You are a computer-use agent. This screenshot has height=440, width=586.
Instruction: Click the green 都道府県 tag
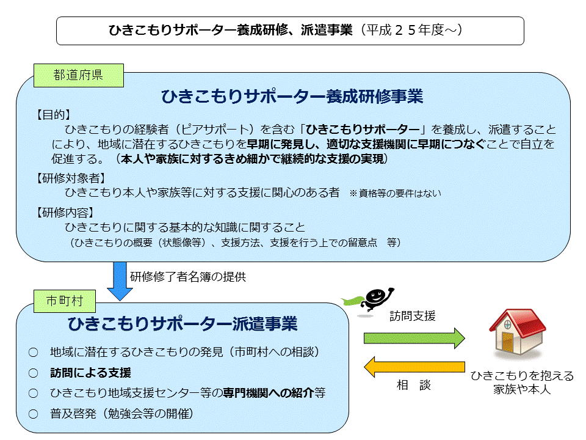[x=79, y=75]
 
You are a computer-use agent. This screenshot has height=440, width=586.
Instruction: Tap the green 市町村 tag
[x=65, y=301]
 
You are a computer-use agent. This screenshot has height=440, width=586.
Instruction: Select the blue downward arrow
[x=120, y=281]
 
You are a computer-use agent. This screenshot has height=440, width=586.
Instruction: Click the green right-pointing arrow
[x=414, y=338]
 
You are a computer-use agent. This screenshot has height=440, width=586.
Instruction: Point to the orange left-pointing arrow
[x=414, y=367]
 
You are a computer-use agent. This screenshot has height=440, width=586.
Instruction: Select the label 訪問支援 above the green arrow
[x=413, y=316]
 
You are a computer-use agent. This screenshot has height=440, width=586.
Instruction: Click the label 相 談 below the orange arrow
[x=414, y=384]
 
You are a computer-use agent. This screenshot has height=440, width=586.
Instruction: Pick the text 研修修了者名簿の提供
[x=188, y=277]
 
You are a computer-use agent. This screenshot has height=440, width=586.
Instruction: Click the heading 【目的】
[x=52, y=114]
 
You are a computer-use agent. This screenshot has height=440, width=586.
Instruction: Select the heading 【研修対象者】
[x=70, y=178]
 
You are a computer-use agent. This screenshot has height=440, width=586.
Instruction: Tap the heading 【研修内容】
[x=64, y=213]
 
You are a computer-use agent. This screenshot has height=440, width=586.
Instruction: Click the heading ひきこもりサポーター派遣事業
[x=183, y=324]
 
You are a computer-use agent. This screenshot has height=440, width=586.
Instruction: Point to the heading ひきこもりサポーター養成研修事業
[x=292, y=97]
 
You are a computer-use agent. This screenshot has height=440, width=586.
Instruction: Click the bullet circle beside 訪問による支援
[x=33, y=373]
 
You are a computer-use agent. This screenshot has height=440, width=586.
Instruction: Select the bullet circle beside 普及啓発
[x=33, y=414]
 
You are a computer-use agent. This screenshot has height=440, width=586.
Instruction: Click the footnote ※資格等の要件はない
[x=396, y=194]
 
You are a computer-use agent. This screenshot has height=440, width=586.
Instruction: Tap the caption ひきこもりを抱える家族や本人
[x=522, y=383]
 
